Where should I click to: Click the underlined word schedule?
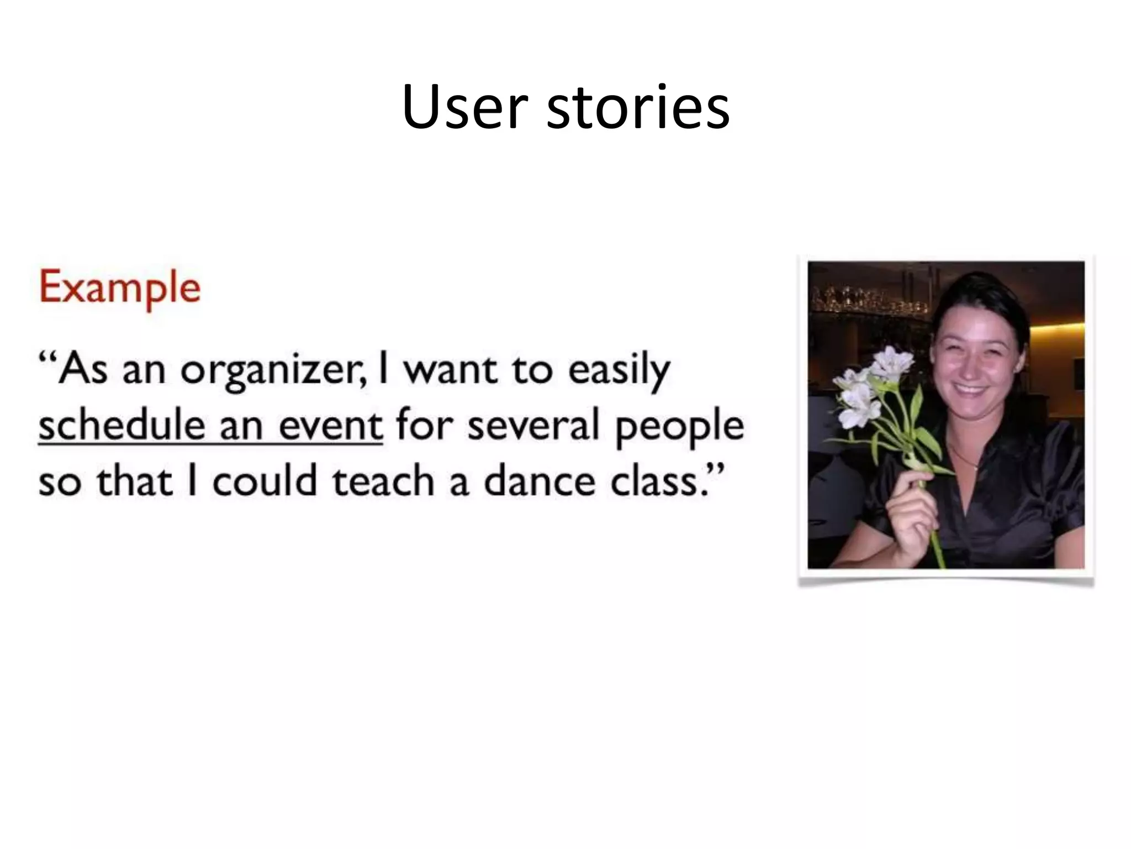[119, 426]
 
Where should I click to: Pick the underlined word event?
[330, 426]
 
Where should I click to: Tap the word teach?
[383, 481]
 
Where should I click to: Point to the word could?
[264, 481]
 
